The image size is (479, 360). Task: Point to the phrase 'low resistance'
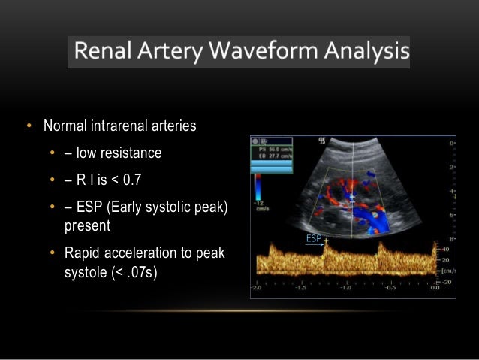118,153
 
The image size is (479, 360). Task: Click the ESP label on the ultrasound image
312,238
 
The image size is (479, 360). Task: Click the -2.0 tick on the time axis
257,288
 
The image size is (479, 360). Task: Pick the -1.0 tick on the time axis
346,288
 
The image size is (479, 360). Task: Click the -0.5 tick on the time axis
390,288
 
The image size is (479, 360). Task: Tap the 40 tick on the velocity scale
446,249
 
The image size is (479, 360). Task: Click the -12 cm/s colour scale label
260,205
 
